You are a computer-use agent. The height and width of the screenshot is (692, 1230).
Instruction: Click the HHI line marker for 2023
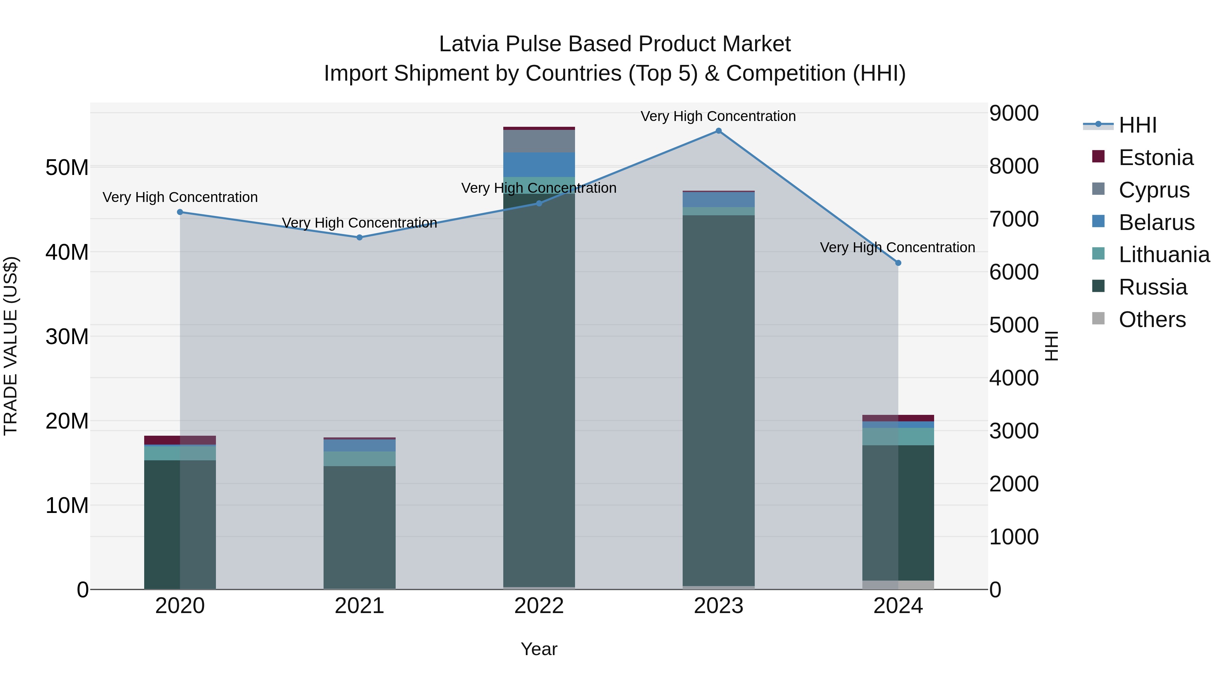point(718,131)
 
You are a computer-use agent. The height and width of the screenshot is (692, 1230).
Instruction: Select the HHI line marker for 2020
point(180,212)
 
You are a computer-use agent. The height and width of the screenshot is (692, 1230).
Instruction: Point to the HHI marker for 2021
point(359,238)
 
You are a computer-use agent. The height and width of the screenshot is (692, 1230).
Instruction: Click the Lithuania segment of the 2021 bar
point(359,459)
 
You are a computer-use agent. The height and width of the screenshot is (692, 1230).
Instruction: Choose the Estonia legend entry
point(1156,158)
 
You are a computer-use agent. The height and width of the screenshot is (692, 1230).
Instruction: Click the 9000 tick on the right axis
point(1013,113)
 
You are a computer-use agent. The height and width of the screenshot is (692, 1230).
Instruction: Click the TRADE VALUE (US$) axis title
point(11,346)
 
